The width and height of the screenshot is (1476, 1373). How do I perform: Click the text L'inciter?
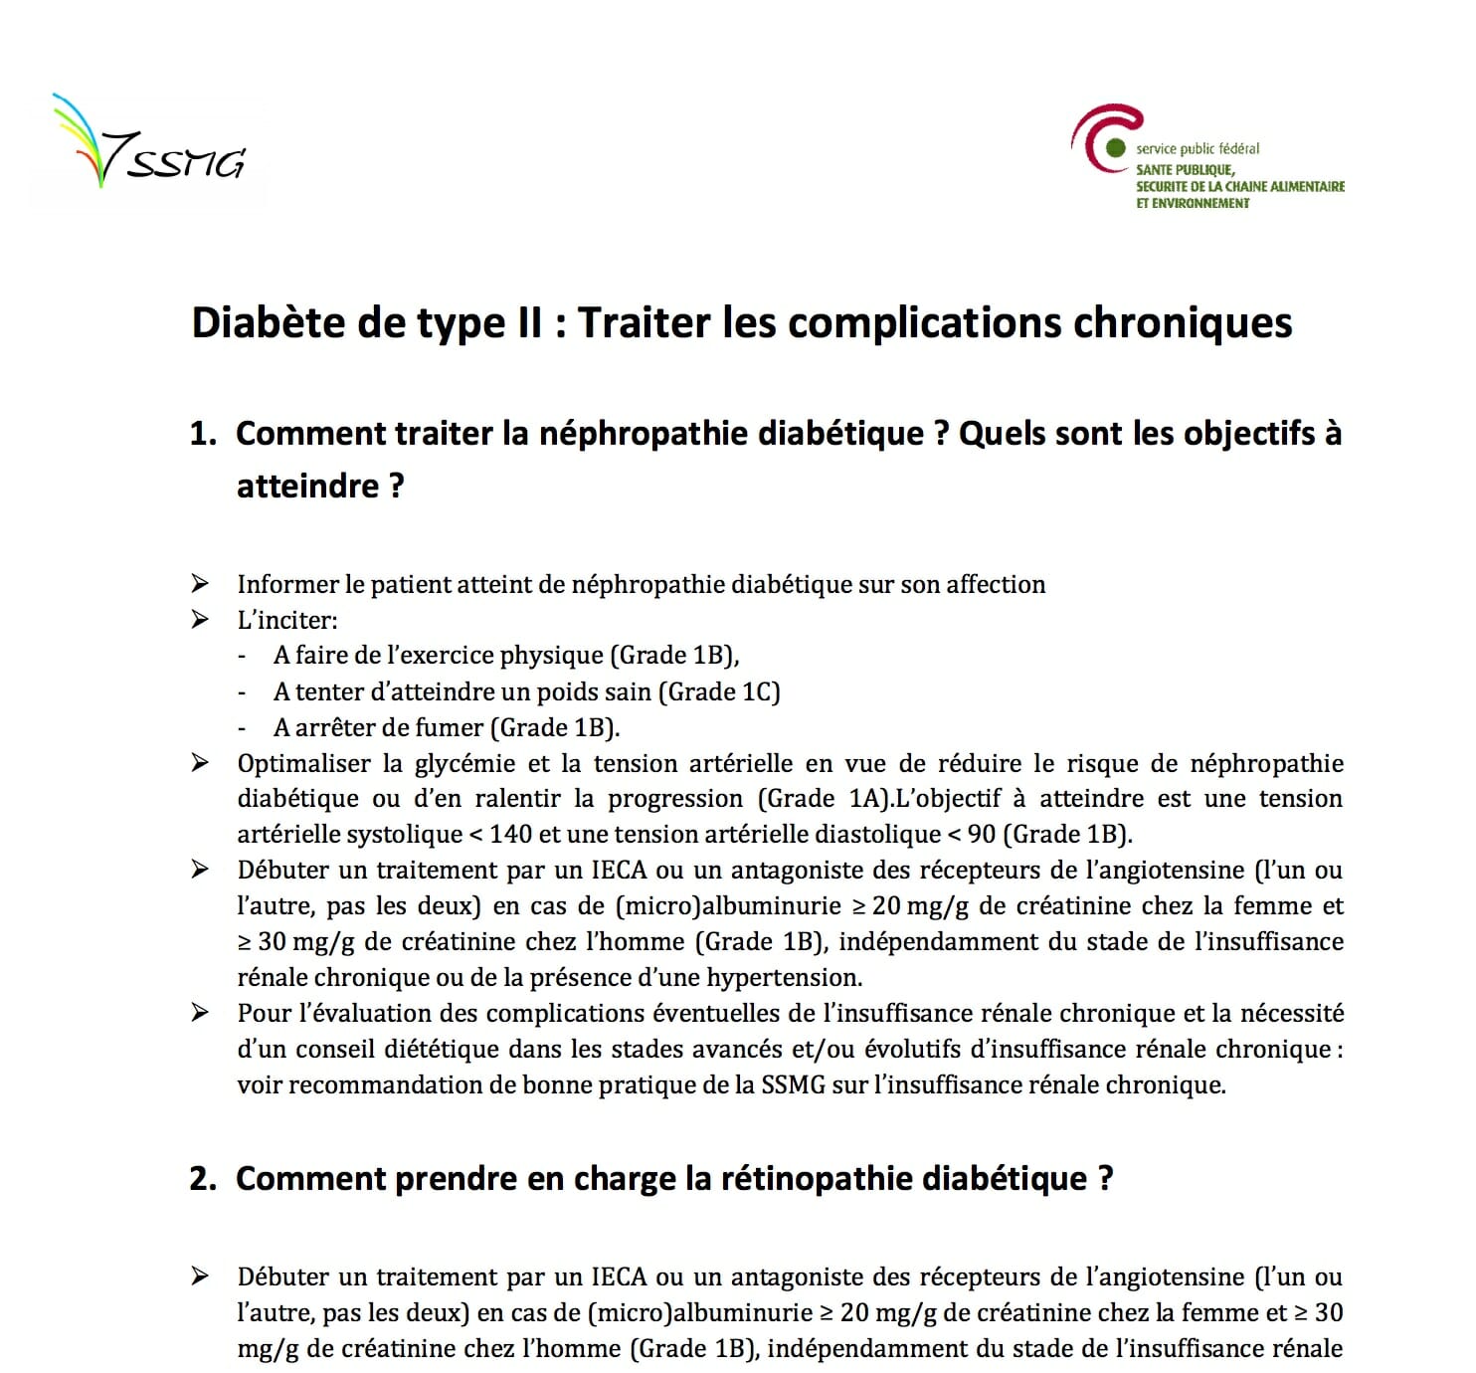pos(287,620)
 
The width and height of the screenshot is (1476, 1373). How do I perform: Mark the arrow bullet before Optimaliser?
pos(200,763)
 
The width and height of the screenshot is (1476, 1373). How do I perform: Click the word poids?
pos(571,691)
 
